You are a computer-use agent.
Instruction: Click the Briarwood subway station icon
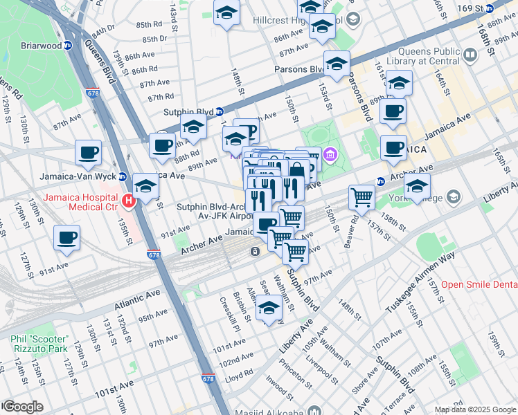(x=68, y=46)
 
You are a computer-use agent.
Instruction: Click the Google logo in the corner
(x=22, y=407)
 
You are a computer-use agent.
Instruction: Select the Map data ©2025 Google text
(x=475, y=409)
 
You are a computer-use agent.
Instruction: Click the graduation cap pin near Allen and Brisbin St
(x=269, y=308)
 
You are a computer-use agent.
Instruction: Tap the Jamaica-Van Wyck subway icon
(x=122, y=176)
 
